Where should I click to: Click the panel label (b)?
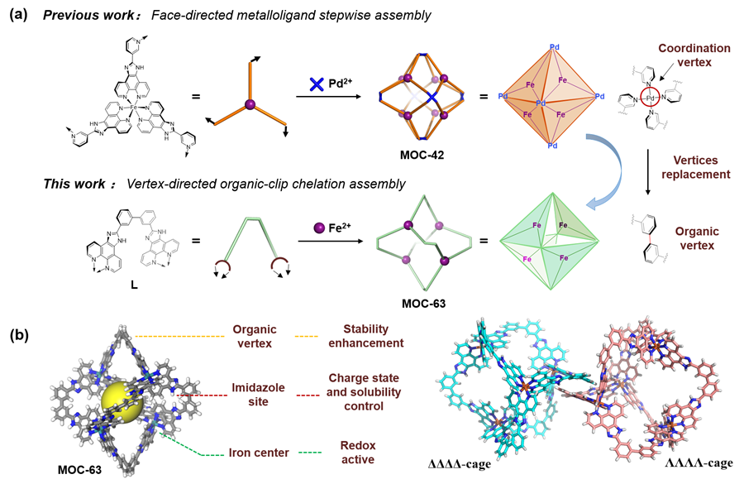point(18,336)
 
